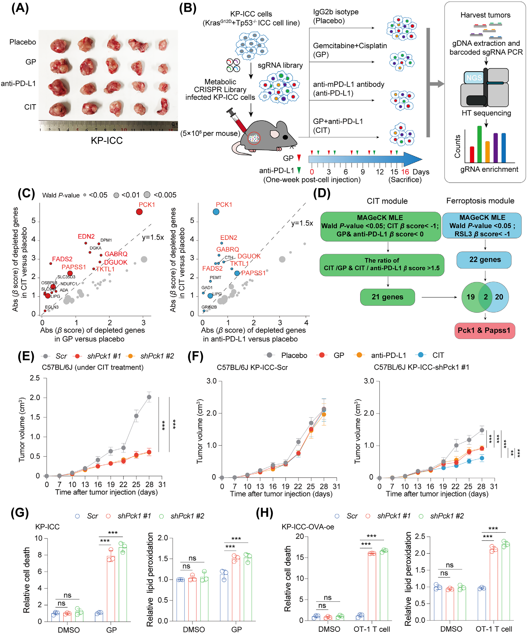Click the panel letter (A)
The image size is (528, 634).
(20, 8)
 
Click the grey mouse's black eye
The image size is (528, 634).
(285, 137)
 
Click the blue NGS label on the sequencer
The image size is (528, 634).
(474, 78)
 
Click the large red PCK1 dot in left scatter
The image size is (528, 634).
(139, 212)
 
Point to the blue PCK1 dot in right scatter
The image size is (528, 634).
(216, 212)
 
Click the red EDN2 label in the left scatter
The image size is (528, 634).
(86, 236)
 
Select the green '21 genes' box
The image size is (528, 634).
(387, 297)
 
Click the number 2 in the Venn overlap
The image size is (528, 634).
(485, 297)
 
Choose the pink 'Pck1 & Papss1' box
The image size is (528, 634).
(484, 330)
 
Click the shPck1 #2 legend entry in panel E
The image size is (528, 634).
(157, 356)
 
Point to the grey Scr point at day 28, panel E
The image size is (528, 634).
(149, 397)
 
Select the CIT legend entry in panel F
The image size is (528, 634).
(438, 355)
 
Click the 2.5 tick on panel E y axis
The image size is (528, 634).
(35, 378)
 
